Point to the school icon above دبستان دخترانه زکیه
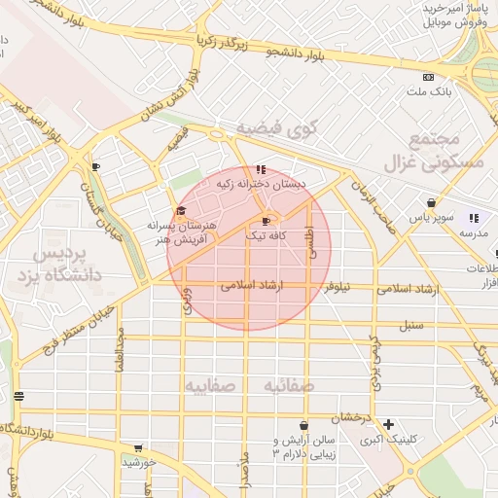click(x=260, y=169)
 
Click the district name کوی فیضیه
click(x=265, y=128)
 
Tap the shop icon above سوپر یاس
click(x=430, y=203)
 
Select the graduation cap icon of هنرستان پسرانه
click(x=180, y=210)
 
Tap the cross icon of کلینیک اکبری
click(x=389, y=424)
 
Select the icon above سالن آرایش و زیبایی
click(x=304, y=425)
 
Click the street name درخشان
click(x=352, y=417)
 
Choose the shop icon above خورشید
click(x=138, y=448)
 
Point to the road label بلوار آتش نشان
click(x=172, y=95)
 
